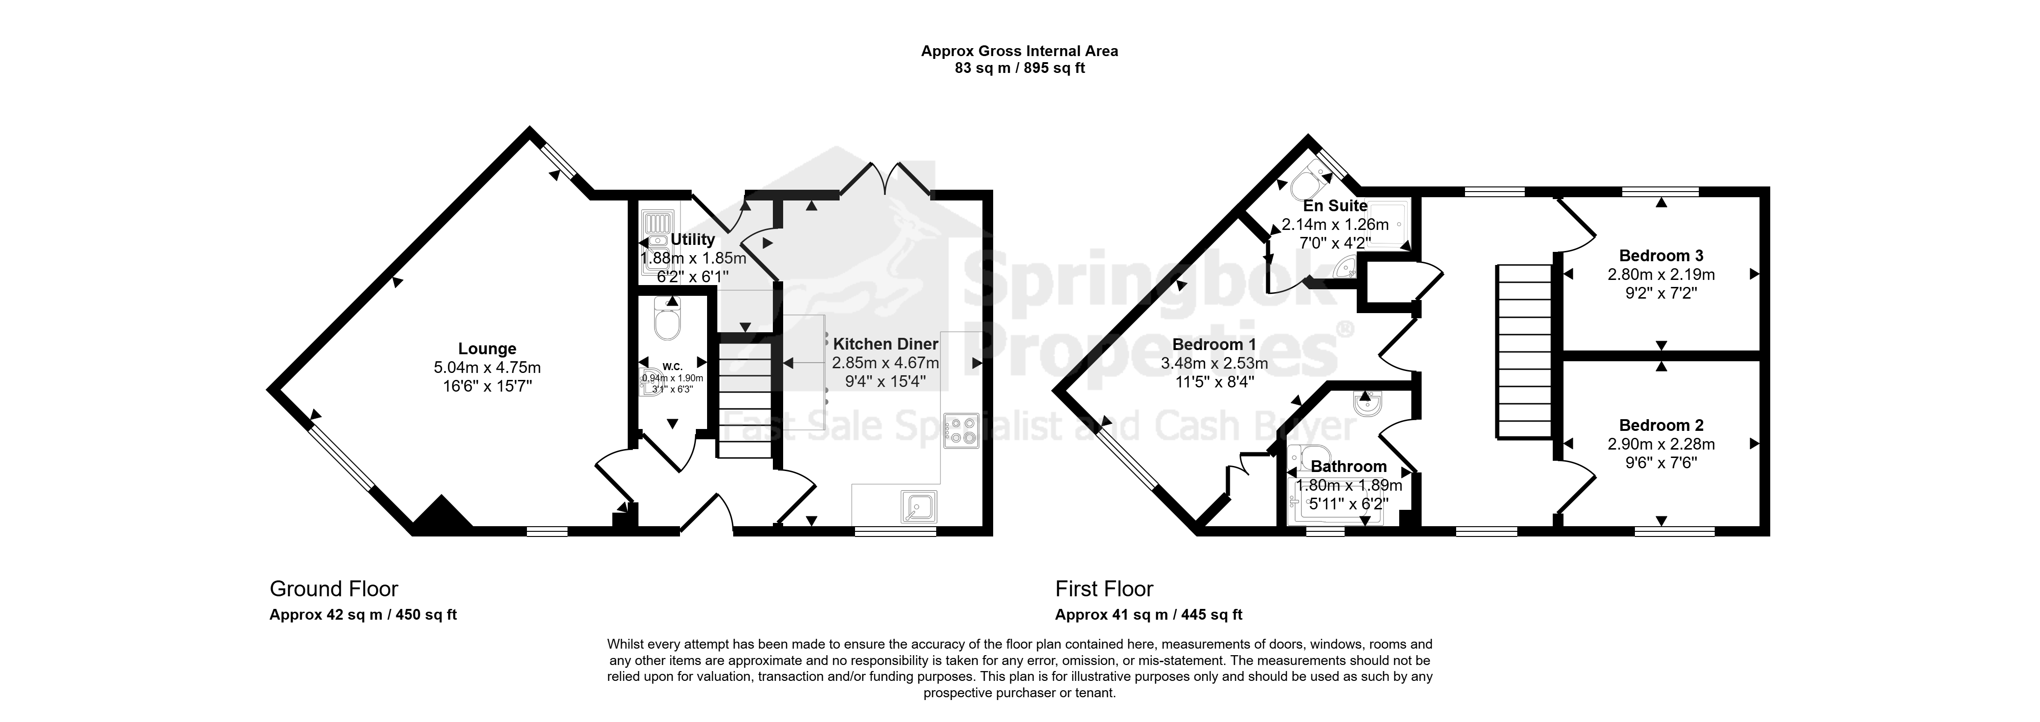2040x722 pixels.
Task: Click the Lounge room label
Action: tap(487, 349)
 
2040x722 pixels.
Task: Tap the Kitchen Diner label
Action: tap(885, 344)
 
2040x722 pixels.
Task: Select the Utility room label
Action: tap(693, 239)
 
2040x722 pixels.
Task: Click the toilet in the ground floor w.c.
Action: tap(667, 320)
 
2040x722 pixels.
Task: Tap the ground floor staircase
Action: tap(744, 400)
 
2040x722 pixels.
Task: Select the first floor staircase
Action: tap(1523, 351)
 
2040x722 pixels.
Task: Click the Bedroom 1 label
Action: tap(1214, 345)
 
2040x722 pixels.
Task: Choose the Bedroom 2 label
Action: tap(1661, 426)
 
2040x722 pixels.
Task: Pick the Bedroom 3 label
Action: tap(1661, 256)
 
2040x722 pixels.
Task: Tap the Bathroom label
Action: tap(1349, 467)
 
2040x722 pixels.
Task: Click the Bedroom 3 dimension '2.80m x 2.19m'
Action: tap(1661, 275)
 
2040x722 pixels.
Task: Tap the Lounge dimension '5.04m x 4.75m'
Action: tap(487, 368)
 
